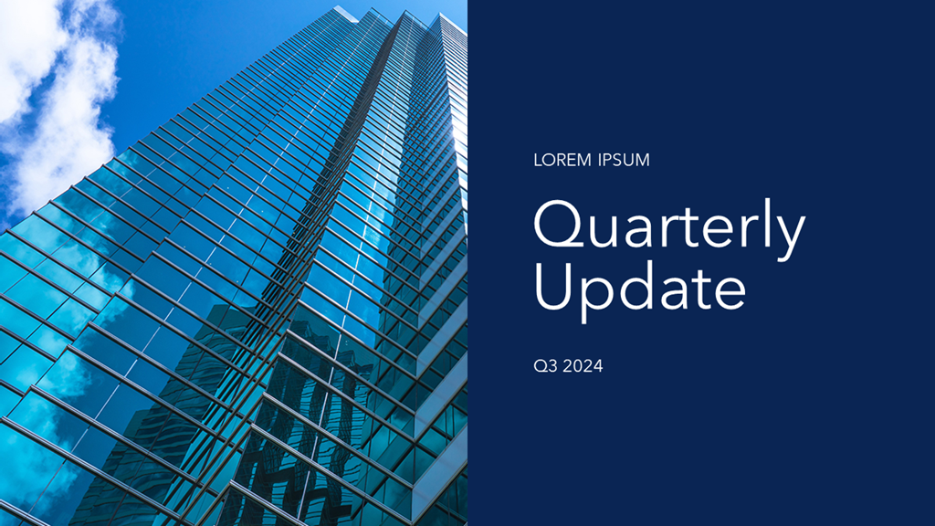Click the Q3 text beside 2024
click(546, 365)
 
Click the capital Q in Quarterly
click(559, 225)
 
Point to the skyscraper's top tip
click(338, 6)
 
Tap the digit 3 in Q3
click(552, 365)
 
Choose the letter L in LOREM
click(538, 160)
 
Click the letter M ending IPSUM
click(642, 160)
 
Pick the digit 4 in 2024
click(597, 365)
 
